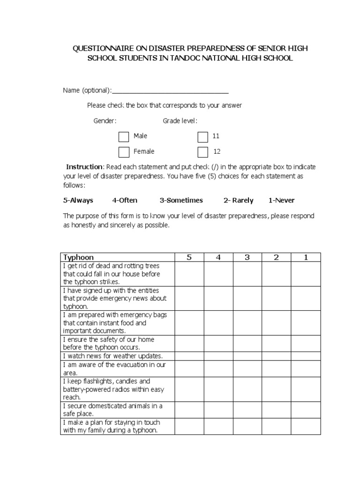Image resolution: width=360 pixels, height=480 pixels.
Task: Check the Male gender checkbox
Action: pyautogui.click(x=124, y=136)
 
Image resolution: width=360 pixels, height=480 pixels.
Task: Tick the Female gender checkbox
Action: pyautogui.click(x=124, y=152)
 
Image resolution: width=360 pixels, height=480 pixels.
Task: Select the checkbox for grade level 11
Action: pyautogui.click(x=202, y=136)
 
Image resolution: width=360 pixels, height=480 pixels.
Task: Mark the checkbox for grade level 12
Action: pyautogui.click(x=202, y=152)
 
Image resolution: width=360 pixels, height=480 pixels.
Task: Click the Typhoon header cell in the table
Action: pyautogui.click(x=79, y=257)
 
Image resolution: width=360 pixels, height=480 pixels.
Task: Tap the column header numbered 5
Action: pyautogui.click(x=189, y=257)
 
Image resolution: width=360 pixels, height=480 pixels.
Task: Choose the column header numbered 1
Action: pyautogui.click(x=306, y=257)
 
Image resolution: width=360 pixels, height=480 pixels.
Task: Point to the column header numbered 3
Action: pyautogui.click(x=247, y=257)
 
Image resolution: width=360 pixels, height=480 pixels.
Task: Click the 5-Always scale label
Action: pyautogui.click(x=78, y=200)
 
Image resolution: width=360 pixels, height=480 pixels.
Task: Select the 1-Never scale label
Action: pyautogui.click(x=281, y=200)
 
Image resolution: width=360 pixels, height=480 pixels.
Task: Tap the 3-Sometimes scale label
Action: pyautogui.click(x=181, y=200)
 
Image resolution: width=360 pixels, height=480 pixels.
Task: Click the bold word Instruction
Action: pyautogui.click(x=84, y=167)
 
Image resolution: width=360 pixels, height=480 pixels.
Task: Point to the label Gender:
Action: pyautogui.click(x=105, y=121)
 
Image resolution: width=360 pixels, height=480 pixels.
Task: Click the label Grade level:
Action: pyautogui.click(x=180, y=121)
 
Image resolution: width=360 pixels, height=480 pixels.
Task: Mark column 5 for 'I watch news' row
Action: pyautogui.click(x=189, y=356)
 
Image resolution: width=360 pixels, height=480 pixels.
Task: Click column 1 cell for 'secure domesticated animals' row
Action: pyautogui.click(x=306, y=410)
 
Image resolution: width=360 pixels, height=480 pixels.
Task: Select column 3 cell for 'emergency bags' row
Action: pyautogui.click(x=247, y=322)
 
